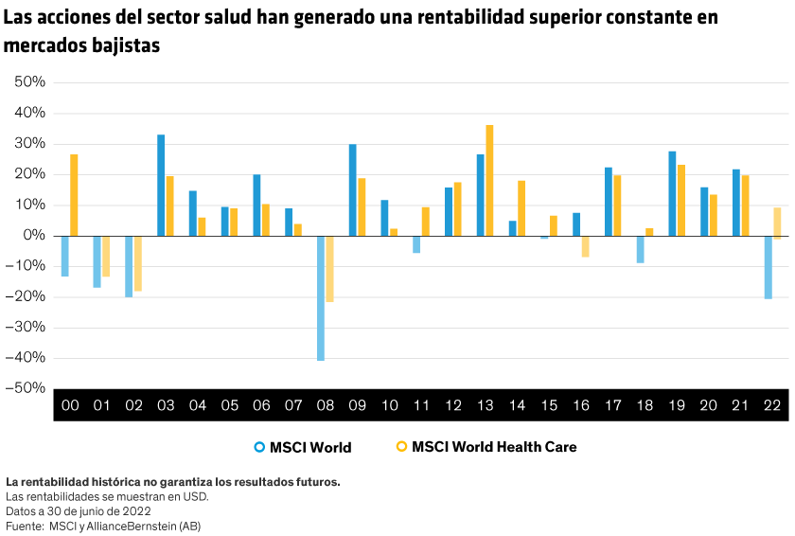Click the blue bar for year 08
(x=321, y=298)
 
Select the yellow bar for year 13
(x=489, y=180)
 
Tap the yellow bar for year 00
(x=74, y=195)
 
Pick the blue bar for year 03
(x=161, y=185)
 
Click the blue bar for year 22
(x=768, y=267)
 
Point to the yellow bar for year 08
(x=330, y=269)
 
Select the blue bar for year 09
(x=353, y=189)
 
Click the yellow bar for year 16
(x=585, y=246)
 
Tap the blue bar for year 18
(x=640, y=249)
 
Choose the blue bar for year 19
(x=672, y=193)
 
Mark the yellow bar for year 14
(x=521, y=207)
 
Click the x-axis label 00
(x=70, y=405)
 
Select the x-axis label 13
(x=486, y=405)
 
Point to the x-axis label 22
(x=772, y=405)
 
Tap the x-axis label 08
(x=326, y=405)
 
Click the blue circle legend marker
(x=259, y=446)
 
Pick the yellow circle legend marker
(x=401, y=446)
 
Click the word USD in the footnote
(x=195, y=496)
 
